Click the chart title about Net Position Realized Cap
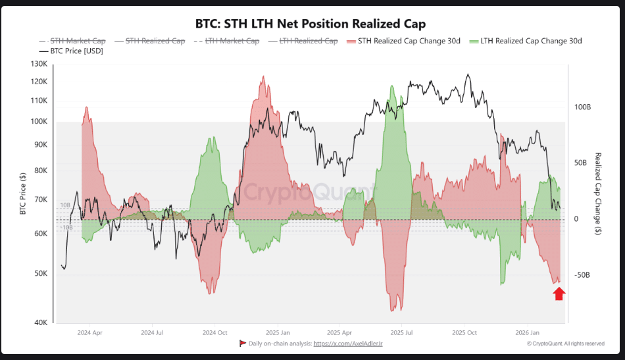click(x=311, y=24)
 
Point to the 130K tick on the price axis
click(x=39, y=64)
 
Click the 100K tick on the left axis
click(x=39, y=122)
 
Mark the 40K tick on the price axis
click(x=41, y=322)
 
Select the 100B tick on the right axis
click(x=582, y=107)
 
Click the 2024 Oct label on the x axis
click(x=215, y=333)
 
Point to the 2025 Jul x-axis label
click(x=401, y=333)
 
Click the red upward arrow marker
click(x=559, y=294)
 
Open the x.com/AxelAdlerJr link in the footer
click(x=348, y=344)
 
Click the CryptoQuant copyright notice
click(x=566, y=344)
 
